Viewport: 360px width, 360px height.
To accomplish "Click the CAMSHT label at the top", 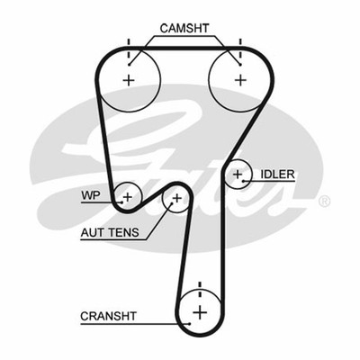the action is click(184, 28).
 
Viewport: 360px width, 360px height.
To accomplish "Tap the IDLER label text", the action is click(277, 175).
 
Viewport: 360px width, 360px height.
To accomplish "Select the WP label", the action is click(90, 195).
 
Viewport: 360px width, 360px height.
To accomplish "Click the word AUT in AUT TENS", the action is click(91, 232).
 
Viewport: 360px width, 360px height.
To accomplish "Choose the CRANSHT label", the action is click(108, 316).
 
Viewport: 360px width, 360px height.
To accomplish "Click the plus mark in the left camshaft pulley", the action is click(129, 80).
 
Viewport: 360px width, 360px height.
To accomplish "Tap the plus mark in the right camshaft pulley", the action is click(240, 80).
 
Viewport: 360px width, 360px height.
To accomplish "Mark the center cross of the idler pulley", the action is click(238, 174).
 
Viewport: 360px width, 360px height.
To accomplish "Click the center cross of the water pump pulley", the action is click(128, 197).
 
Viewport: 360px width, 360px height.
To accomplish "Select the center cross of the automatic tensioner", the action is click(177, 198).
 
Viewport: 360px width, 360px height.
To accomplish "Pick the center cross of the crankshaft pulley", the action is click(200, 313).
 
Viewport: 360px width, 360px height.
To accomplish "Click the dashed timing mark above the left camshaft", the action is click(129, 49).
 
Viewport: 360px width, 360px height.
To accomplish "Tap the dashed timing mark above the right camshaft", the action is click(240, 49).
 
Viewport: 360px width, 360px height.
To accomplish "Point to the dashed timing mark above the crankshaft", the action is click(200, 292).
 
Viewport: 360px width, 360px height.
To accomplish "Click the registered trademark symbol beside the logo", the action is click(324, 202).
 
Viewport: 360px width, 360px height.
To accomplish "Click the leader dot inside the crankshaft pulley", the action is click(189, 323).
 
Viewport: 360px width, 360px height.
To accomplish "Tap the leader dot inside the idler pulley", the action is click(244, 181).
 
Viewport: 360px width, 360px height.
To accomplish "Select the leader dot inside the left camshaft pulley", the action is click(129, 65).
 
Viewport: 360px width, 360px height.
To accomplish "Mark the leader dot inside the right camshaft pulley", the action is click(240, 65).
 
